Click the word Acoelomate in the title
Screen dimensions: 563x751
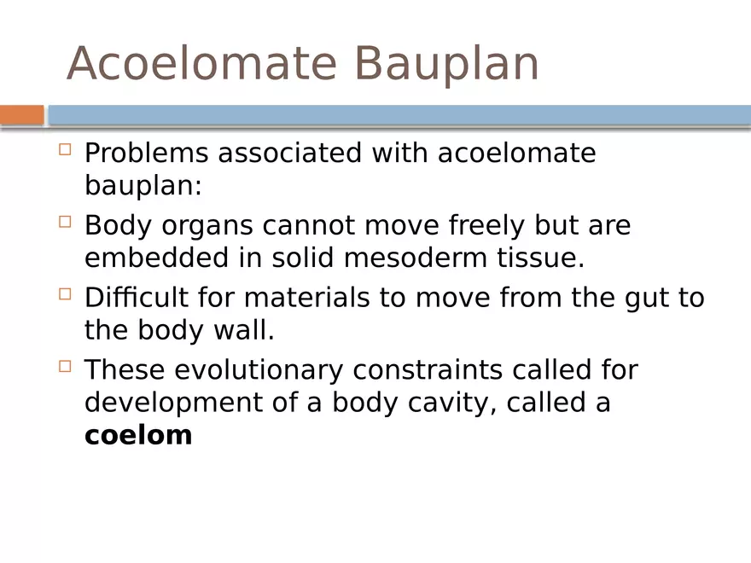201,64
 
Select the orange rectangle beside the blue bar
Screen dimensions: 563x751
21,114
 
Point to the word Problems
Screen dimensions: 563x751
146,154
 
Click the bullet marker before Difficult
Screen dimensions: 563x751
66,295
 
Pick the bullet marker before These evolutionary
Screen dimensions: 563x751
66,368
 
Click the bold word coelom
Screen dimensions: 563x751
138,435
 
